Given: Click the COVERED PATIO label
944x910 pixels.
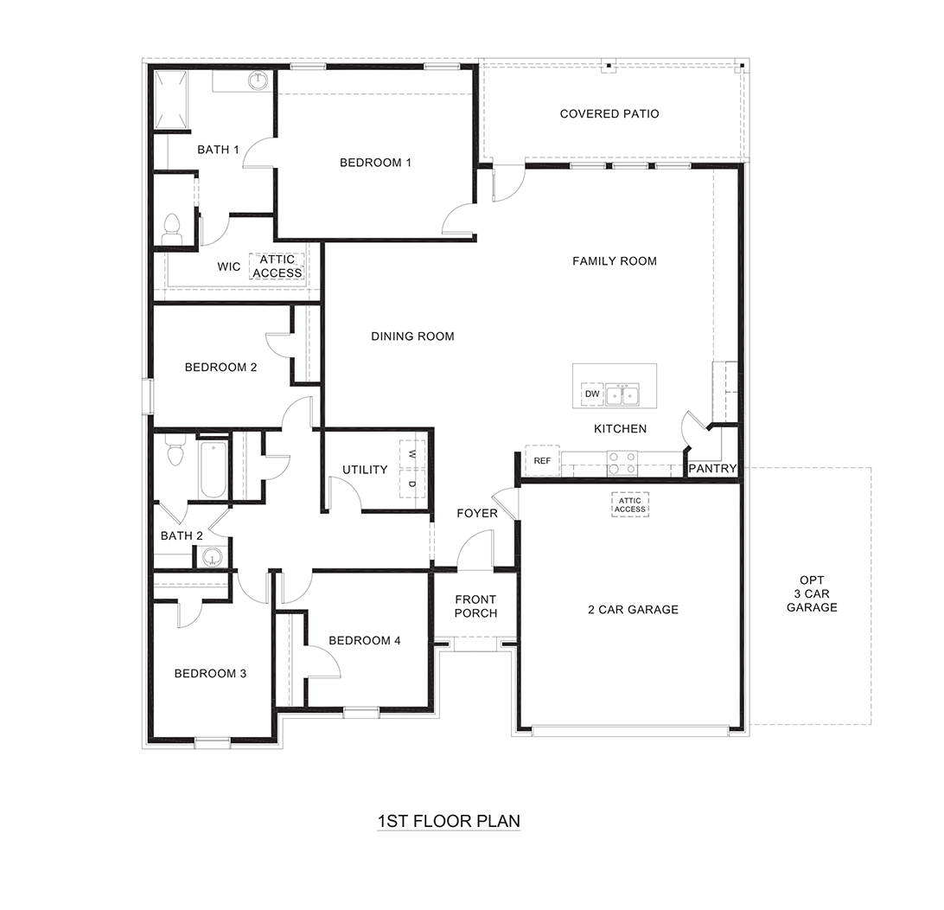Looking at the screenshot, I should coord(609,114).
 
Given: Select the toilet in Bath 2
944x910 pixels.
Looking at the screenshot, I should coord(176,451).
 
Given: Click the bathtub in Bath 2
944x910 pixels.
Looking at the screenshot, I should coord(213,469).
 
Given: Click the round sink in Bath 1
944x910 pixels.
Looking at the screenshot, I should coord(258,82).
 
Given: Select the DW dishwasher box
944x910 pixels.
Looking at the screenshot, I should coord(592,394).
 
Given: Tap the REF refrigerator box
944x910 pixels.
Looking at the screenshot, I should coord(542,461).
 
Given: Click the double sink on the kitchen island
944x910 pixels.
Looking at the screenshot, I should coord(622,395).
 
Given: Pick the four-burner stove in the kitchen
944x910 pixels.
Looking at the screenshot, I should coord(622,463).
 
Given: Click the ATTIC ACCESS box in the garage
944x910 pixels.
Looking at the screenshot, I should coord(629,504).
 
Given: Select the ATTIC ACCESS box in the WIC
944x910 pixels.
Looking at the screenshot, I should coord(277,266).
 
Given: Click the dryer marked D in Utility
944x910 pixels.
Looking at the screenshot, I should coord(411,483).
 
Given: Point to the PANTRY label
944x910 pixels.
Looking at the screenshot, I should coord(712,469).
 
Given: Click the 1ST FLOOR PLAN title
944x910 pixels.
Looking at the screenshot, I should coord(449,820).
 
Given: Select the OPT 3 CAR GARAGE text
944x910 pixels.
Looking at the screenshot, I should coord(811,593).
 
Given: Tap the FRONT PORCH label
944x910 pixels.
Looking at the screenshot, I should coord(475,606).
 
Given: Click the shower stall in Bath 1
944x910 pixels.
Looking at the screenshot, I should coord(172,100).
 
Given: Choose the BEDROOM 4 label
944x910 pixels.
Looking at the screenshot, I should coord(365,640).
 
